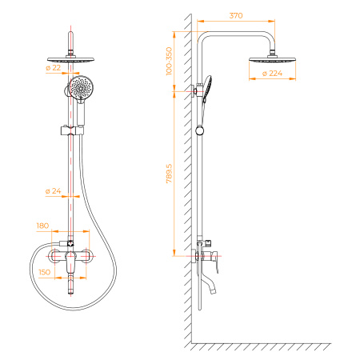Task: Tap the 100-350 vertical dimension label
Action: tap(168, 61)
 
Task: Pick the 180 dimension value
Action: tap(43, 226)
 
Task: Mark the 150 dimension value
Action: tap(43, 272)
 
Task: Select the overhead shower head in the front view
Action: tap(73, 58)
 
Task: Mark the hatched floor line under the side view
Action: tap(264, 347)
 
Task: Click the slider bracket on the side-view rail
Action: tap(200, 129)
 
